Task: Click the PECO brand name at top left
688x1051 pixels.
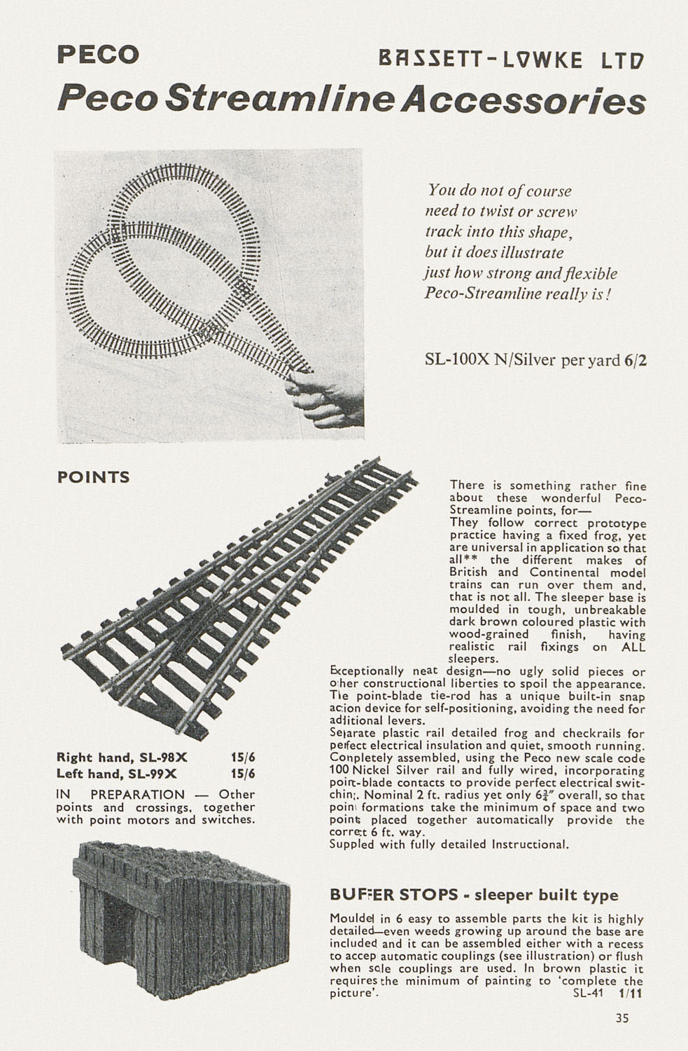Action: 98,55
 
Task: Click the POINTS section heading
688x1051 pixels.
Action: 93,477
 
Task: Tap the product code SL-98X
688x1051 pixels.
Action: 153,757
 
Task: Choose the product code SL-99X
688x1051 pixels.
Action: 147,774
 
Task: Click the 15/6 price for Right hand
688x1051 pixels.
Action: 243,757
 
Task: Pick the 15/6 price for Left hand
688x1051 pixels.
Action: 243,774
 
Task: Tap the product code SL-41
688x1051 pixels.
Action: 588,994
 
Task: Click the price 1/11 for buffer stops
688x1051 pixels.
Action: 631,994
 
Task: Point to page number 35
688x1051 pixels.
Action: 622,1019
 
